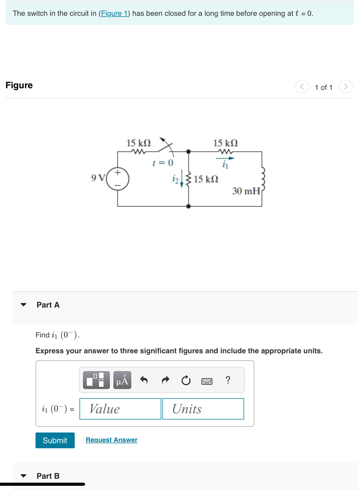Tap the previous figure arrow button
302,87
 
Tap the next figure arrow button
346,87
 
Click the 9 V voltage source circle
118,179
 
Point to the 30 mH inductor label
246,191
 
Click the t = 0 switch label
163,163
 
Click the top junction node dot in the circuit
189,152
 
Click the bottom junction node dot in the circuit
189,206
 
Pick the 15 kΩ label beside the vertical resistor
206,179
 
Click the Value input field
120,409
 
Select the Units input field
203,409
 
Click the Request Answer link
112,440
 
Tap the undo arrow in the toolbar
144,380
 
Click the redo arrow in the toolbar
165,380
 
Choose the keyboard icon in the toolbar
207,381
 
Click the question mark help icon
228,380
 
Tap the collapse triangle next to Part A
24,305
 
